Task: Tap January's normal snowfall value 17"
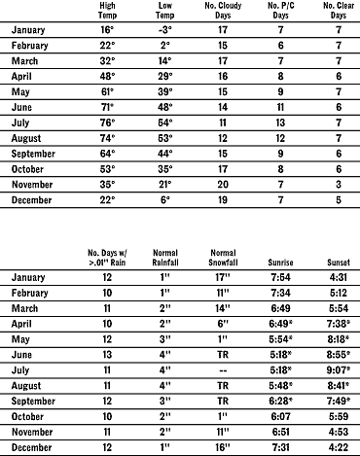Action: point(223,279)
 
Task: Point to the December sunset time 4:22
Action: point(336,447)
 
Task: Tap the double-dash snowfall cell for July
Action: point(223,370)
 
